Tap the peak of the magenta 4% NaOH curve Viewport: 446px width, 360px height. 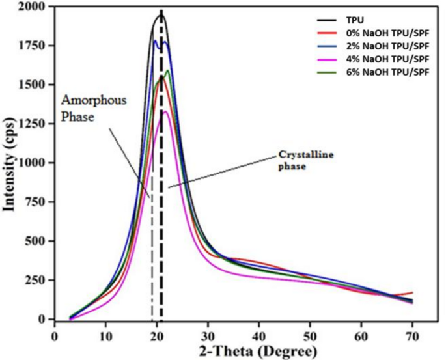(167, 112)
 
